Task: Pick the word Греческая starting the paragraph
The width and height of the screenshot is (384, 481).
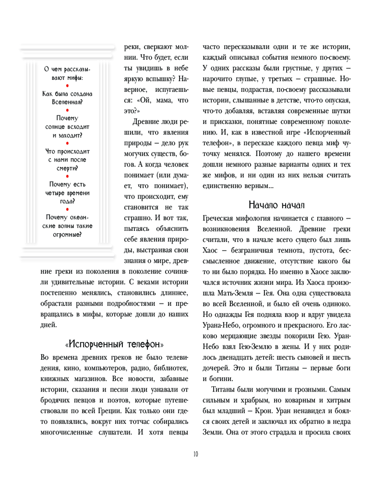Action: (x=223, y=219)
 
